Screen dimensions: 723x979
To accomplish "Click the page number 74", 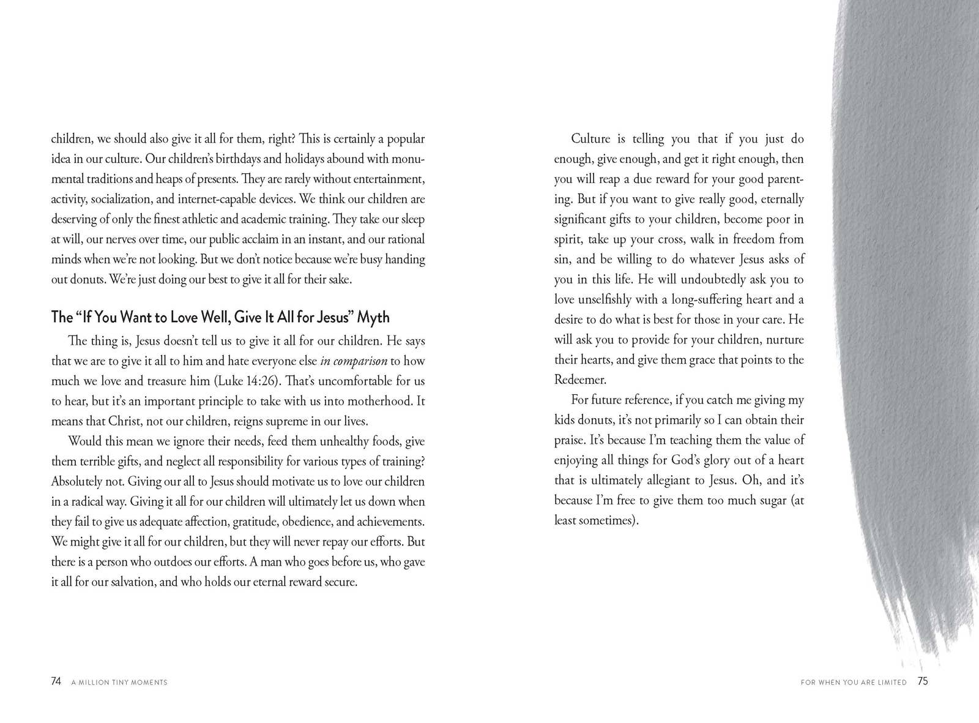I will (56, 681).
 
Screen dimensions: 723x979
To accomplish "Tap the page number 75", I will (922, 681).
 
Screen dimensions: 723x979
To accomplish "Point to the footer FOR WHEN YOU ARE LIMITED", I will (854, 682).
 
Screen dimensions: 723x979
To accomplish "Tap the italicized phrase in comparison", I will (354, 361).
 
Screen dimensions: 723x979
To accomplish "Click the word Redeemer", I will (580, 380).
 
